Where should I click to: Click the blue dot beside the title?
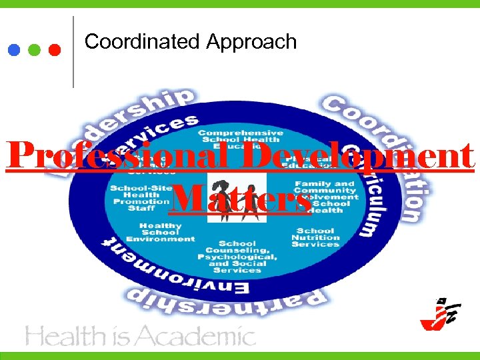pos(14,50)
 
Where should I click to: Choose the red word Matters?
pos(240,198)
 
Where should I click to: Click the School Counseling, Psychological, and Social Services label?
pos(237,257)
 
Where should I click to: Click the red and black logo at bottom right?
pos(439,314)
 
